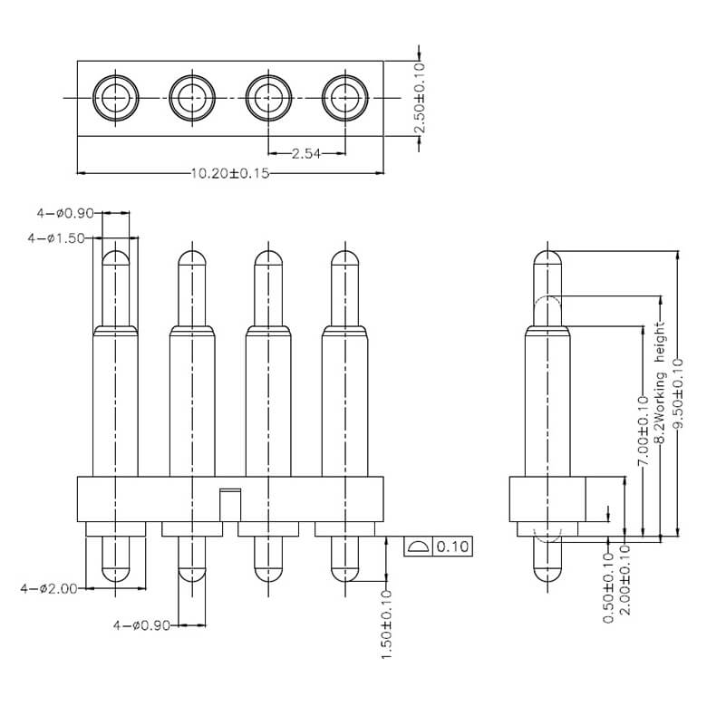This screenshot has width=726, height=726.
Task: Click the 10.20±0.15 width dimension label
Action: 230,172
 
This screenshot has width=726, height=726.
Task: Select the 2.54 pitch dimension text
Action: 305,154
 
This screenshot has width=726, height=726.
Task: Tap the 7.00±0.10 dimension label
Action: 643,427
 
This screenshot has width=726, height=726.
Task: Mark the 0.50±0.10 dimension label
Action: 607,593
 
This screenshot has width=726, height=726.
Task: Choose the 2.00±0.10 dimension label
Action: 624,593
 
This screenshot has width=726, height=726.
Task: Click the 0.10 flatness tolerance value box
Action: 452,547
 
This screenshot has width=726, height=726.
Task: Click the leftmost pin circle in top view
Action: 114,94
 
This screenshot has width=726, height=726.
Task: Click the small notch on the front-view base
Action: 230,500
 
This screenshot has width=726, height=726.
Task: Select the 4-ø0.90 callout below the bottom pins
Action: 144,624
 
